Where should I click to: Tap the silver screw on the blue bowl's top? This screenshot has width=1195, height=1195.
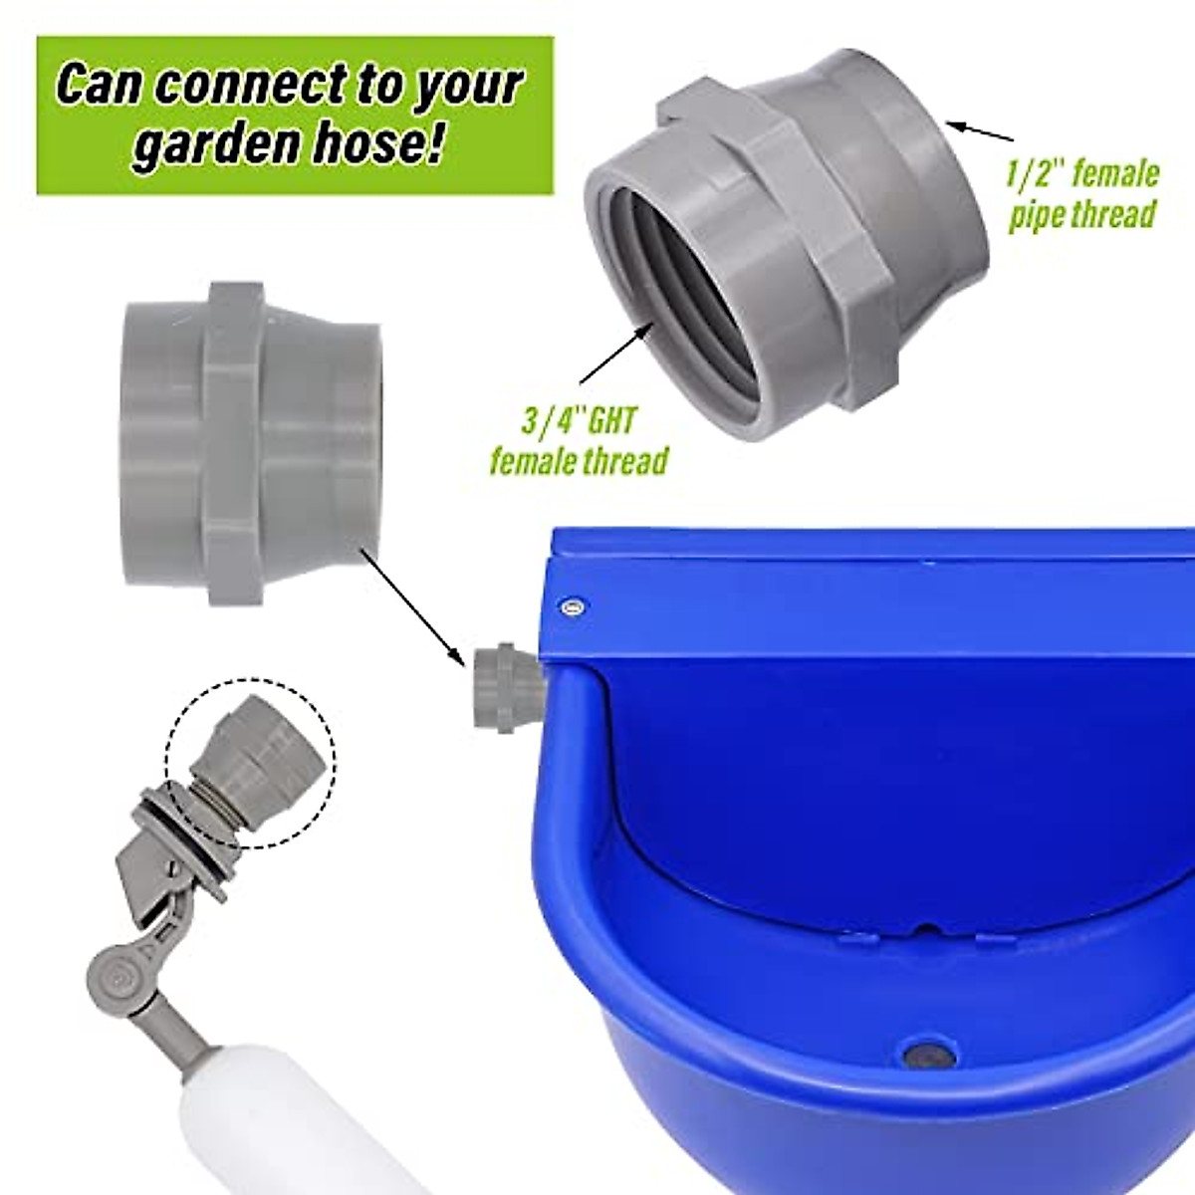pos(572,604)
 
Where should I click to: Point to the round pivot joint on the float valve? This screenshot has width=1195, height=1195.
pos(121,971)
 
